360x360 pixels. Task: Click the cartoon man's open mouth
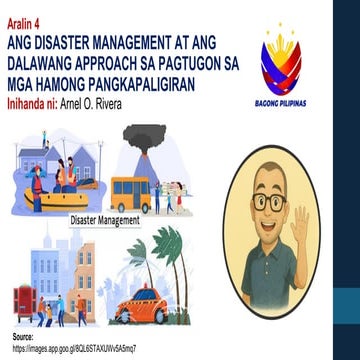[283, 229]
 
